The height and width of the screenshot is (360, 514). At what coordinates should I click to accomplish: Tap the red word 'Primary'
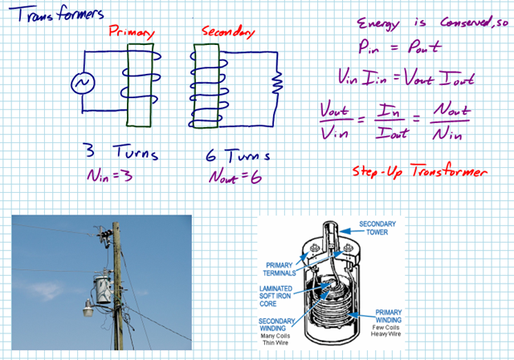pos(130,33)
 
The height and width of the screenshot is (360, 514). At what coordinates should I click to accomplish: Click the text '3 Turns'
pos(121,153)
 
